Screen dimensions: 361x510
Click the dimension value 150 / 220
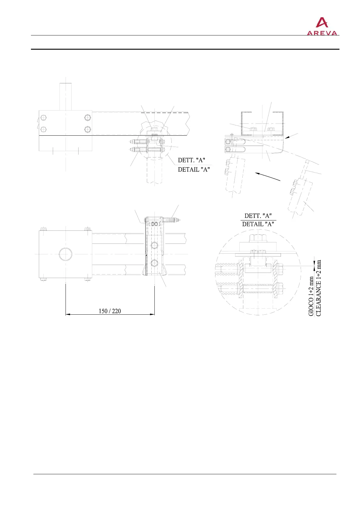point(110,311)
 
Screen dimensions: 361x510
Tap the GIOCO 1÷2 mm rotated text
point(311,296)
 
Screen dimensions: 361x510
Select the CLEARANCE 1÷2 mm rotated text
point(318,288)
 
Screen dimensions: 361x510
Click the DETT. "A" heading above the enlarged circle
point(258,216)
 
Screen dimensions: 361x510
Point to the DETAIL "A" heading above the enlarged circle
point(258,224)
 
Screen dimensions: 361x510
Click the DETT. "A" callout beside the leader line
point(191,160)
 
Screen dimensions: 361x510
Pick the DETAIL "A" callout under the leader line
point(194,169)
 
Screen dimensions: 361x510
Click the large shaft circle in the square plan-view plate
point(66,254)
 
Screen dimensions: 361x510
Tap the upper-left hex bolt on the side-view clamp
point(44,118)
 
